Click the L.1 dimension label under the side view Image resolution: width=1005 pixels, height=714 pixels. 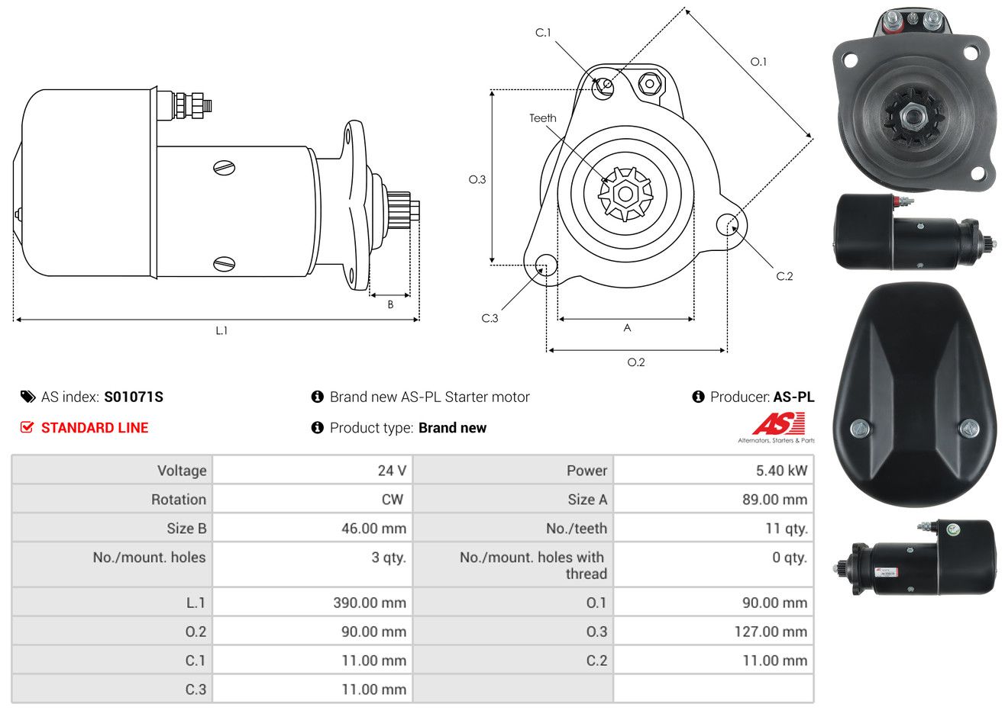[221, 331]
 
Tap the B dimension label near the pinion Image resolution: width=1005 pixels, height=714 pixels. [390, 305]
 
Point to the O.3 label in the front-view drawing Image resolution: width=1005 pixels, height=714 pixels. [477, 180]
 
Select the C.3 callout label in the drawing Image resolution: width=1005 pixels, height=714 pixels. [490, 318]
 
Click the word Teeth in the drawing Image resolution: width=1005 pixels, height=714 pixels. [542, 118]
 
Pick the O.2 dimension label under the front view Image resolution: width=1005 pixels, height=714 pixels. [635, 362]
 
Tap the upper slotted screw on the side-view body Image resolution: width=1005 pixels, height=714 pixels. [225, 168]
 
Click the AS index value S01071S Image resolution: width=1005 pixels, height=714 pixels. [134, 397]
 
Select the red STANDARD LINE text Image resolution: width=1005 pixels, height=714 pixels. [95, 428]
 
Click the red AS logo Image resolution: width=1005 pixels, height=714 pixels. [779, 424]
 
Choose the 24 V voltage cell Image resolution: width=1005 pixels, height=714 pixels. [392, 471]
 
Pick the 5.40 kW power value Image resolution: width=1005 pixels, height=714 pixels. [781, 471]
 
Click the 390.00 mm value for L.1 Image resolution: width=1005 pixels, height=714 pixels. [370, 603]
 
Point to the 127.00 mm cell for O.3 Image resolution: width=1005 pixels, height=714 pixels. [771, 632]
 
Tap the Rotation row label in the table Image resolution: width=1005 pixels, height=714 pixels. [179, 500]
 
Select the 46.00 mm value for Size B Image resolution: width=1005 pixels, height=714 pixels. [373, 529]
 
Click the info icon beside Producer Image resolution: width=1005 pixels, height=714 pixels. [698, 397]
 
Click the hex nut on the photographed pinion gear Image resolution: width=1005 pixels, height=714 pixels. [912, 117]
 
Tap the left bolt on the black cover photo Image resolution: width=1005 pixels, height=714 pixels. [860, 429]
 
